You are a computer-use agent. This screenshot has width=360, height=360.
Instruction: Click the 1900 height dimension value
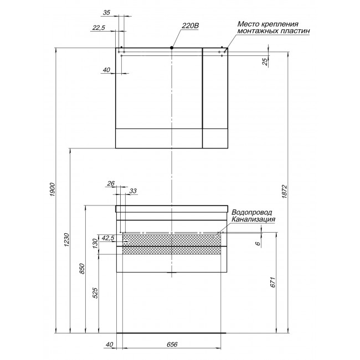[x=52, y=189]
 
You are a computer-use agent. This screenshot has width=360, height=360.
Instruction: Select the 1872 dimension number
[x=285, y=192]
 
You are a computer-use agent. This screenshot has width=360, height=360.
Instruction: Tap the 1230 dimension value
[x=66, y=240]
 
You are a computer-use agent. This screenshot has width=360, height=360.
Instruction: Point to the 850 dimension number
[x=82, y=269]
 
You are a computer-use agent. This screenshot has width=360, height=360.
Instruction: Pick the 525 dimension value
[x=95, y=293]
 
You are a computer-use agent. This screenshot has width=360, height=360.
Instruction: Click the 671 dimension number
[x=272, y=282]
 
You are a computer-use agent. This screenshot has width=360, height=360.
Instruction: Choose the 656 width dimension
[x=172, y=344]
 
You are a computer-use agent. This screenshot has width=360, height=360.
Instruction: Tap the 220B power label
[x=191, y=25]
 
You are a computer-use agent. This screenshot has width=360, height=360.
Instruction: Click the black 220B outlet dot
[x=172, y=48]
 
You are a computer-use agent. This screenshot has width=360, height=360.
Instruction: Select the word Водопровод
[x=252, y=212]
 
